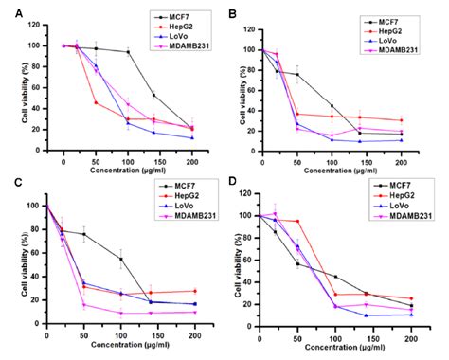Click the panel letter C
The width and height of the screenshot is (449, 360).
(7, 185)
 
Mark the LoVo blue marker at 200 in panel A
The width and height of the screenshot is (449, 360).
(192, 138)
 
